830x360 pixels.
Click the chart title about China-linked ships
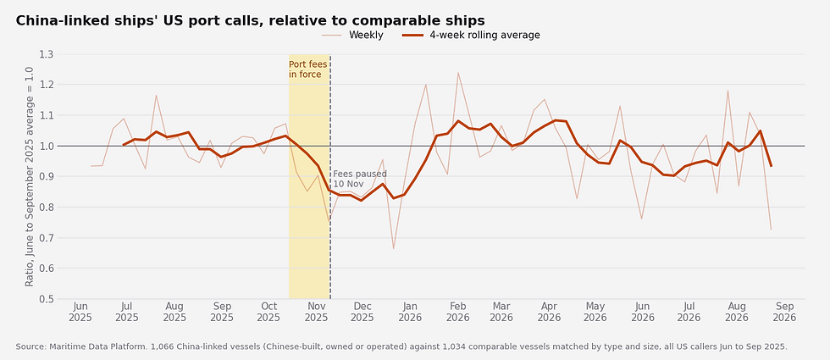click(250, 20)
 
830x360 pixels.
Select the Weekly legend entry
click(352, 36)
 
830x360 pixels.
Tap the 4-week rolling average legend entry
click(471, 36)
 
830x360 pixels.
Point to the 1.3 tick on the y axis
click(47, 54)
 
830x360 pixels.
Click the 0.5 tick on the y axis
click(47, 299)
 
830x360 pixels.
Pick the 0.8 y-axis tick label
click(47, 207)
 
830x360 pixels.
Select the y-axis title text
click(30, 176)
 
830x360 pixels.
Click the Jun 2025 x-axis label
click(80, 312)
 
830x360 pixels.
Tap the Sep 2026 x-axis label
click(784, 312)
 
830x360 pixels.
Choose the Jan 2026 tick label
click(410, 312)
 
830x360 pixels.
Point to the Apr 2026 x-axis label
click(549, 312)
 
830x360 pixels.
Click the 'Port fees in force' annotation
click(308, 69)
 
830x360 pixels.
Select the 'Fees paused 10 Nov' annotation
click(360, 179)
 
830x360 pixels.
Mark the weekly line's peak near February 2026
click(458, 73)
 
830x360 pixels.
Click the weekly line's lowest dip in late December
click(393, 248)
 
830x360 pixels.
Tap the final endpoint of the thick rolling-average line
click(771, 166)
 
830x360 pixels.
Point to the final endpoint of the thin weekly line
click(771, 230)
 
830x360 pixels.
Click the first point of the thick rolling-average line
click(124, 145)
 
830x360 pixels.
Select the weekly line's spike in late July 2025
click(156, 95)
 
